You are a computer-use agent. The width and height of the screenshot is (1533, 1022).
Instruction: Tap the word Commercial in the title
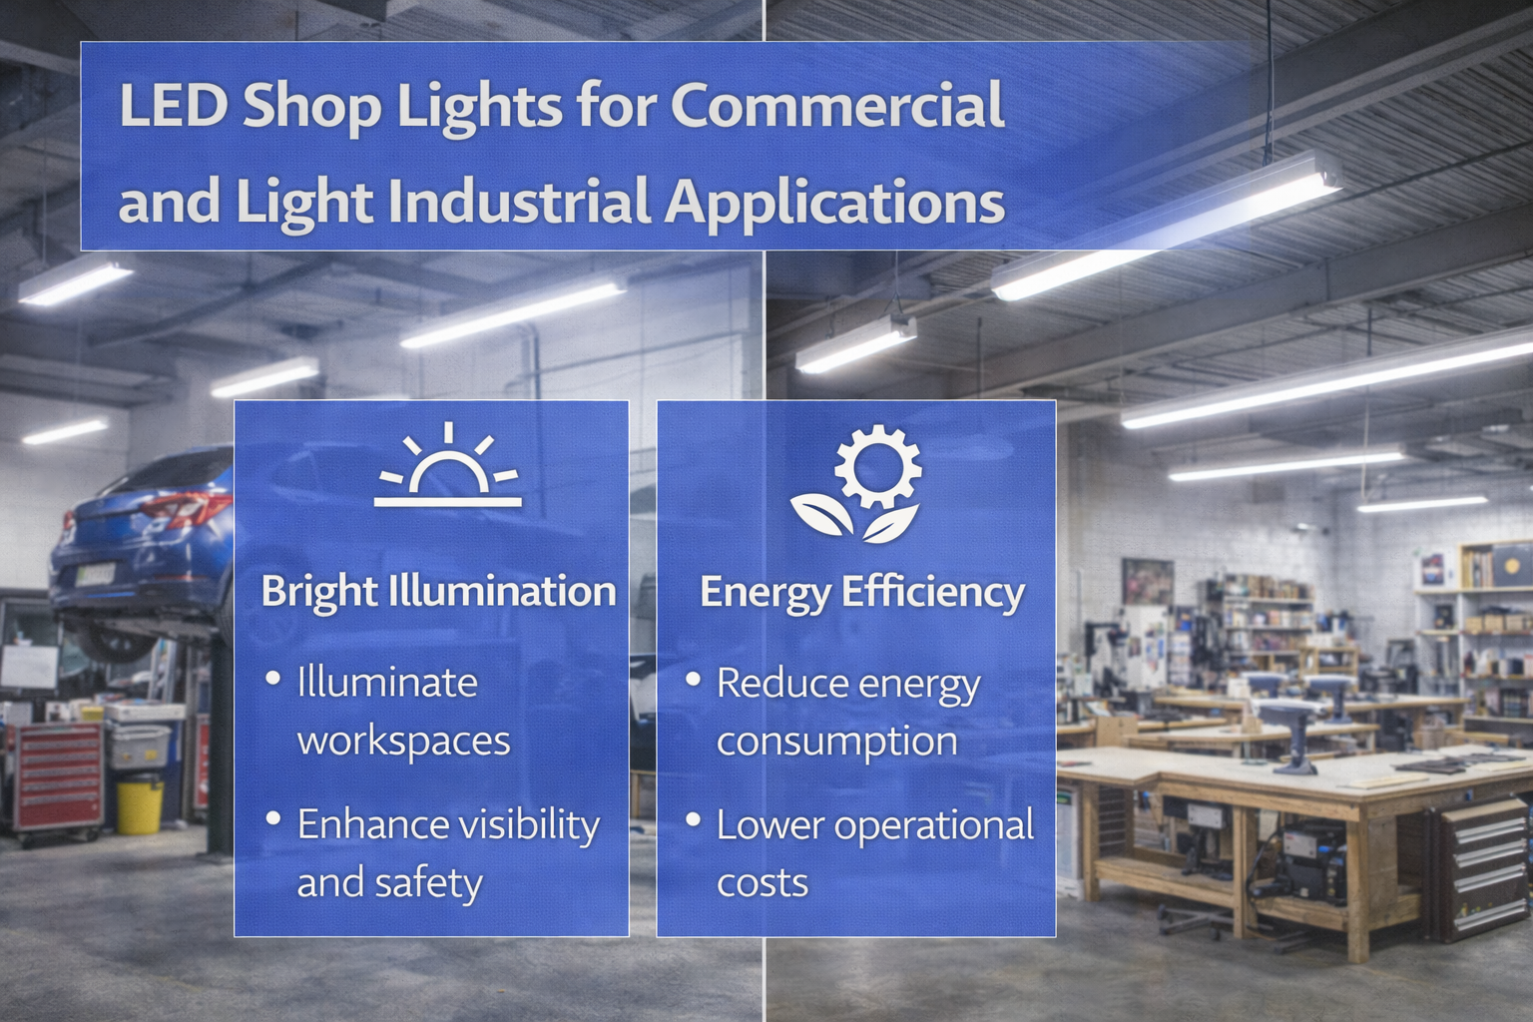click(837, 106)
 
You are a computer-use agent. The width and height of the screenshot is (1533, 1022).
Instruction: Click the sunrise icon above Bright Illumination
click(448, 465)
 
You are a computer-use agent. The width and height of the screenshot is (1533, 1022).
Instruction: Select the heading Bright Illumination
click(438, 591)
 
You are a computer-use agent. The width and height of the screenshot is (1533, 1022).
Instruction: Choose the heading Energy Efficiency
click(861, 592)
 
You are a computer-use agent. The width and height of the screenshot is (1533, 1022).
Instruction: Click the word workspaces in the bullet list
click(403, 741)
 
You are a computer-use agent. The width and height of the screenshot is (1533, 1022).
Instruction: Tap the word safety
click(436, 883)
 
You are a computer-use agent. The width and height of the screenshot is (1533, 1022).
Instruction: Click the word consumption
click(836, 741)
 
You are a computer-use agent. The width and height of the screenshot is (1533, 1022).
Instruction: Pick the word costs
click(763, 882)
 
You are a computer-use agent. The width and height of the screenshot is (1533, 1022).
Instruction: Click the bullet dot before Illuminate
click(272, 679)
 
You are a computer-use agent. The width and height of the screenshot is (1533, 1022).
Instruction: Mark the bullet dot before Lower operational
click(692, 820)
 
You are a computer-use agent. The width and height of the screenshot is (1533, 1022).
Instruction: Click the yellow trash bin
click(139, 804)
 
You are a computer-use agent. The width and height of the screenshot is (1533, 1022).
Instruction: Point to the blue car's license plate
click(96, 576)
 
